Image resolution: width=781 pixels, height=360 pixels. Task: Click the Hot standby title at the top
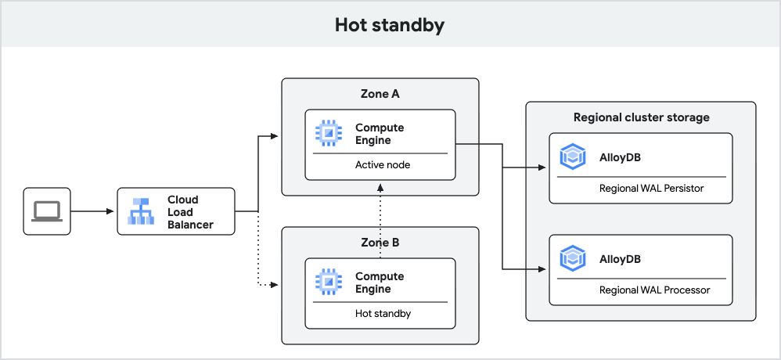pos(389,24)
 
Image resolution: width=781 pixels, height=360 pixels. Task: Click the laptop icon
pos(47,211)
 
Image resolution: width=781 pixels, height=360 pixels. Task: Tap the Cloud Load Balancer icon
pos(142,211)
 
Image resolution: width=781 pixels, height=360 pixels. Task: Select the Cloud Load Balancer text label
pos(190,212)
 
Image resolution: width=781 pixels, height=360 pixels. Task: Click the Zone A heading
pos(380,94)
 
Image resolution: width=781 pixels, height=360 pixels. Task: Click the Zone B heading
pos(380,243)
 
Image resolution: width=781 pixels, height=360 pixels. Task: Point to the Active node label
pos(383,165)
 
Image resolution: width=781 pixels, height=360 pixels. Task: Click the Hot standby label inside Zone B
pos(383,314)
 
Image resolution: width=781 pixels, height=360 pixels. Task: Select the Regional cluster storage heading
pos(641,117)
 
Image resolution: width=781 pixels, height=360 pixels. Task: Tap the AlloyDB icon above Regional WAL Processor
pos(574,258)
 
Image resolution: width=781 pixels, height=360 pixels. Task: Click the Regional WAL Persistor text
pos(651,188)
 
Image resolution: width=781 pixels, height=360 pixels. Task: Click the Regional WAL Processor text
pos(654,290)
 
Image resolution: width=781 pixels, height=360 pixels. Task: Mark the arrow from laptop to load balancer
pos(94,211)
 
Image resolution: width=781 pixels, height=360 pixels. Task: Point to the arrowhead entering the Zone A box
pos(275,137)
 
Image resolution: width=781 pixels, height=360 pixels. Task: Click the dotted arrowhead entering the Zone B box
pos(275,285)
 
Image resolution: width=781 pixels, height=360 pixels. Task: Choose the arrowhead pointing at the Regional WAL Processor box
pos(542,269)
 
